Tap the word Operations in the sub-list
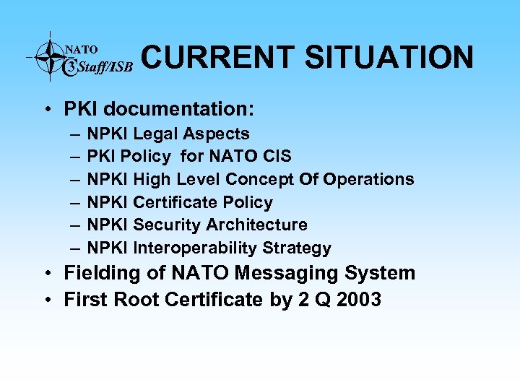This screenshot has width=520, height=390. (x=368, y=179)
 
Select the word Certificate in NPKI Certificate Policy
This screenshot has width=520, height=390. (x=175, y=202)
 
